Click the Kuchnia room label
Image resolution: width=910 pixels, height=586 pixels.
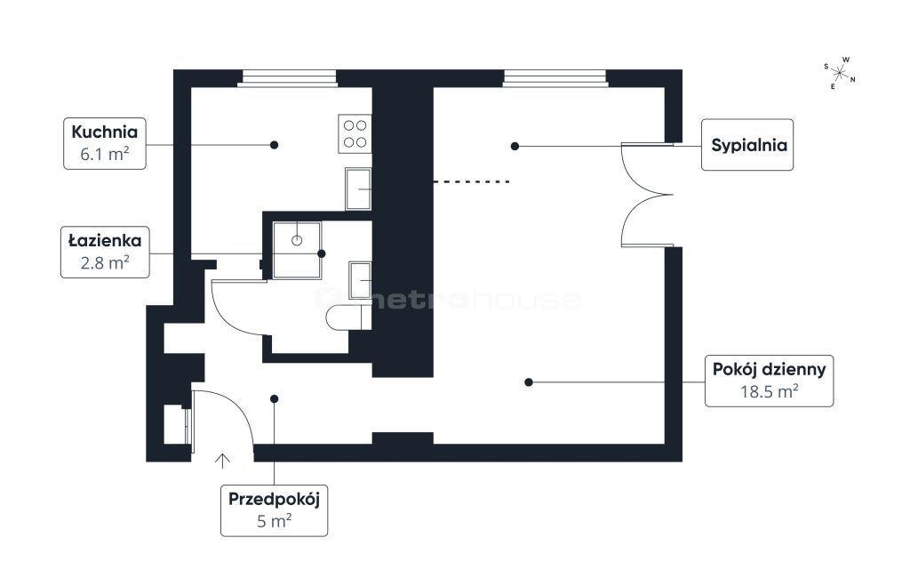point(105,132)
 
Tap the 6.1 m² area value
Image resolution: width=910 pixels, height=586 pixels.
point(105,155)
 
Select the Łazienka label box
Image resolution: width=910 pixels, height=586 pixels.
point(105,252)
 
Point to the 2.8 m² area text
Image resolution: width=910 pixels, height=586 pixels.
point(105,263)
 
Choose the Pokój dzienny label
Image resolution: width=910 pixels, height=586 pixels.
point(769,369)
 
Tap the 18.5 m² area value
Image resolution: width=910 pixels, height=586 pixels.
point(769,391)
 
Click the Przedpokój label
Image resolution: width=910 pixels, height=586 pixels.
point(274,500)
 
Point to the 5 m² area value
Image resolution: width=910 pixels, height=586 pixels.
point(274,521)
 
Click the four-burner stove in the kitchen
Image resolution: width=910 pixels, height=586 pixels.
point(355,134)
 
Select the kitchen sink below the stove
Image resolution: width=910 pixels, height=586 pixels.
point(358,189)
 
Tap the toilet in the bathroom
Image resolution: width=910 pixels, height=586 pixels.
point(348,317)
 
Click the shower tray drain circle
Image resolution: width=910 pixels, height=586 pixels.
point(297,240)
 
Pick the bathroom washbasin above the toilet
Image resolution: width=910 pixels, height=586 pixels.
point(360,280)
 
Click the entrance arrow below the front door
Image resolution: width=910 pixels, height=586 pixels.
point(222,461)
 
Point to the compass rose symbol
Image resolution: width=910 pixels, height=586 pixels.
point(839,73)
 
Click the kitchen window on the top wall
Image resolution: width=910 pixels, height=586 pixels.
point(288,78)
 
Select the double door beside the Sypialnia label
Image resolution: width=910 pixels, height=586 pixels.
point(647,195)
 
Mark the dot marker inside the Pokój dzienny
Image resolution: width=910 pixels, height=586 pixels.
point(528,382)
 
